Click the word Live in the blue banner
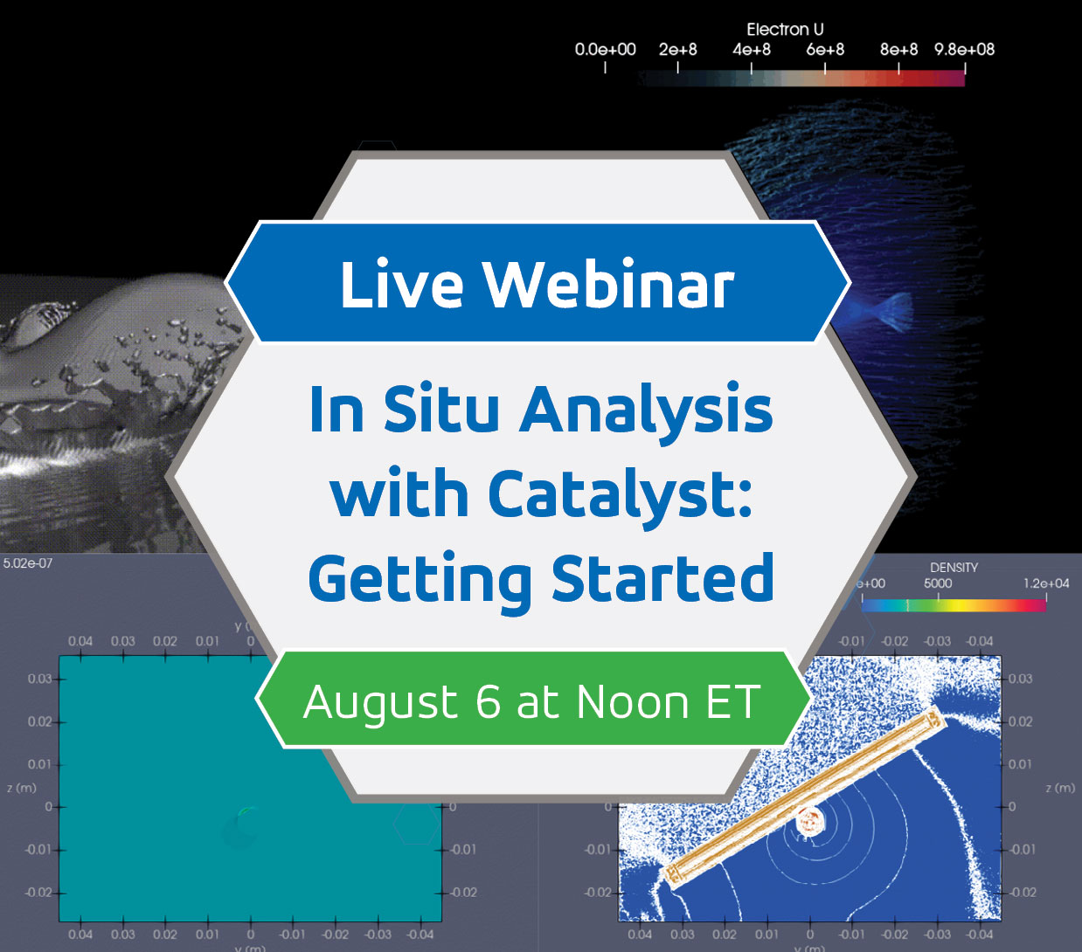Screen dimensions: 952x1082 [401, 285]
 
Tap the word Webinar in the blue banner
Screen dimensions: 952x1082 [608, 285]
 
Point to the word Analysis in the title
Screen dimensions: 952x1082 [647, 410]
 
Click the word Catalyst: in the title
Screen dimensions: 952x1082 [620, 495]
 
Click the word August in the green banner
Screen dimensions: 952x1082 [381, 703]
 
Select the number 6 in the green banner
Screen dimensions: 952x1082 [488, 701]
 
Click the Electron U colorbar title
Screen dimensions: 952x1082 [785, 30]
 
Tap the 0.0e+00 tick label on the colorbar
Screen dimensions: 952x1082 [605, 50]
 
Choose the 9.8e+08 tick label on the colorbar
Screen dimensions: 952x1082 [964, 50]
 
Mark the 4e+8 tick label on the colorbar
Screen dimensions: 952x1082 [752, 50]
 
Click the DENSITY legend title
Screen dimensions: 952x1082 [954, 568]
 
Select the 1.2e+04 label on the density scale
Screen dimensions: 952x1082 [1046, 583]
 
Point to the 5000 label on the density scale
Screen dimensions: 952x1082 [938, 583]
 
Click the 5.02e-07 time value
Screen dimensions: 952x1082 [28, 563]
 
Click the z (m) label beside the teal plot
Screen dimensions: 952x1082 [22, 788]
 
